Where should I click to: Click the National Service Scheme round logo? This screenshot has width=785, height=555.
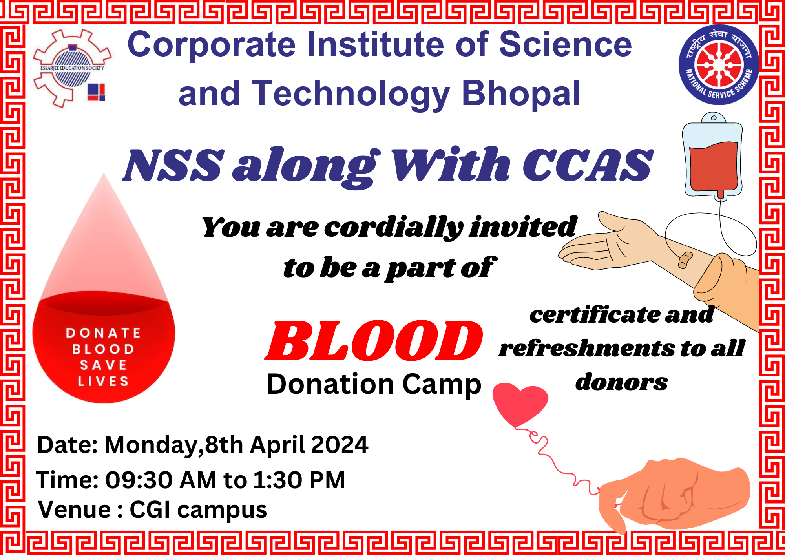[x=719, y=65]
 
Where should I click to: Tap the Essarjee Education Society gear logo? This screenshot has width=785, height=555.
[x=72, y=68]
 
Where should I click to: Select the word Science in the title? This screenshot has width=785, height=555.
[x=565, y=45]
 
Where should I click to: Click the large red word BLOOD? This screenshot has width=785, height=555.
[x=374, y=340]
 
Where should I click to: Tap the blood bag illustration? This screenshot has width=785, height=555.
[x=713, y=157]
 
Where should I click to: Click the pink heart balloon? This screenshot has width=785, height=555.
[x=520, y=405]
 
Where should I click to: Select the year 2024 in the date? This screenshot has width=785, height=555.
[x=340, y=445]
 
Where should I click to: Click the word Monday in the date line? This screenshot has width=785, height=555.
[x=152, y=445]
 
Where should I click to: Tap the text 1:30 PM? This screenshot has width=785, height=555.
[x=299, y=480]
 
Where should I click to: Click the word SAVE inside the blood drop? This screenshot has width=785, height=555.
[x=103, y=365]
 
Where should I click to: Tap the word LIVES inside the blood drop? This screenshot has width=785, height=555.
[x=103, y=381]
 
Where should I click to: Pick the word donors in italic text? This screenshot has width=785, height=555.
[x=621, y=382]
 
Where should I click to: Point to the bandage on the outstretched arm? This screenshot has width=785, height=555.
[x=685, y=259]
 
